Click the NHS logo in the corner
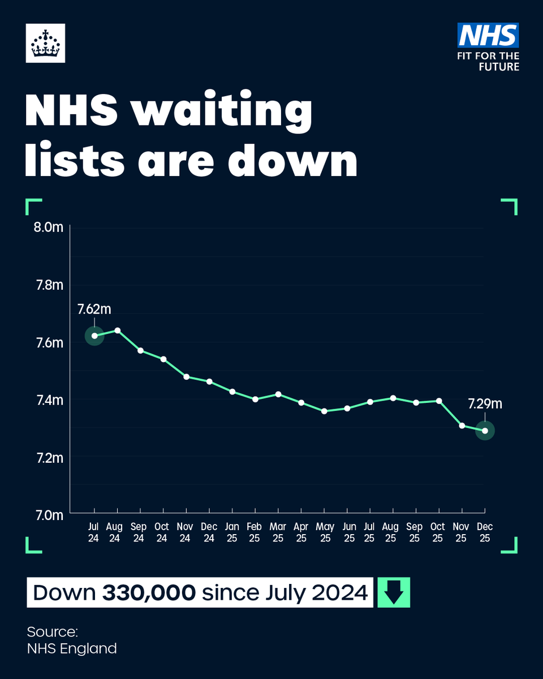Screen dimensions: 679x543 pos(488,35)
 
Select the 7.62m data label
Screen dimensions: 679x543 pos(94,310)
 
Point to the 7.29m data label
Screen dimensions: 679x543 pos(485,404)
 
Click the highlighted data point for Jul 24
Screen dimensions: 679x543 pos(94,336)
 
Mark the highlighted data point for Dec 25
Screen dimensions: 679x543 pos(485,431)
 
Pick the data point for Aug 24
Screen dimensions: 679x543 pos(117,330)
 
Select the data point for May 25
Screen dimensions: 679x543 pos(324,411)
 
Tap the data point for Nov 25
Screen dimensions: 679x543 pos(462,426)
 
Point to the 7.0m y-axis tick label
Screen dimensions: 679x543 pos(49,515)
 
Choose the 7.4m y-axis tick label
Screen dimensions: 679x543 pos(49,400)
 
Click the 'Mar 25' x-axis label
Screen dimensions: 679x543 pos(278,532)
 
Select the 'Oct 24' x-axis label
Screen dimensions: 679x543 pos(162,532)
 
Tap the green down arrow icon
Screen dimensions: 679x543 pos(394,592)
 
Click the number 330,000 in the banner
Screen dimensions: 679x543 pos(149,593)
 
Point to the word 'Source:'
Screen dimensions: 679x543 pos(52,631)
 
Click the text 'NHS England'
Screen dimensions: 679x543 pos(72,648)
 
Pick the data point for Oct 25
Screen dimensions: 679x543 pos(438,401)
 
